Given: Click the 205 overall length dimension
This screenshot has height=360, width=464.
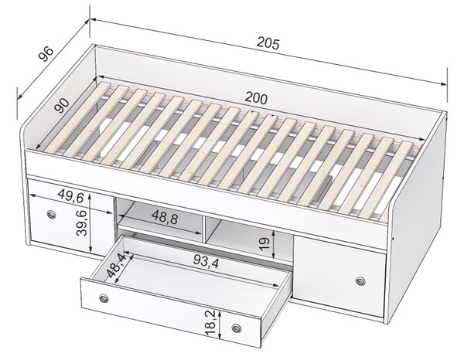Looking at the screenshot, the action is [x=268, y=43].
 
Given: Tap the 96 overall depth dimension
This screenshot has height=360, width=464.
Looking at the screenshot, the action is [x=46, y=54].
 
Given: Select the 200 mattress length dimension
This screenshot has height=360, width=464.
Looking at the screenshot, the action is [x=256, y=98].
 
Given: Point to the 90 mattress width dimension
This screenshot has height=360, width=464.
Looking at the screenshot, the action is [x=62, y=106].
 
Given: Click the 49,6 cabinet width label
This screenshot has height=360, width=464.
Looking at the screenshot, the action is [x=71, y=195].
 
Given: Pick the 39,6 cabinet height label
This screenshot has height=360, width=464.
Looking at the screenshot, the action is [x=82, y=222].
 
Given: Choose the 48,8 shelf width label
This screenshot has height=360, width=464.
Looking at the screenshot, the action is [x=165, y=217].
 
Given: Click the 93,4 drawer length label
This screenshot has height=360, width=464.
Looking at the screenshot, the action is [x=206, y=261].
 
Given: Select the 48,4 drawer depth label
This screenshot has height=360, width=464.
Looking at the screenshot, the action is [x=117, y=265].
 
